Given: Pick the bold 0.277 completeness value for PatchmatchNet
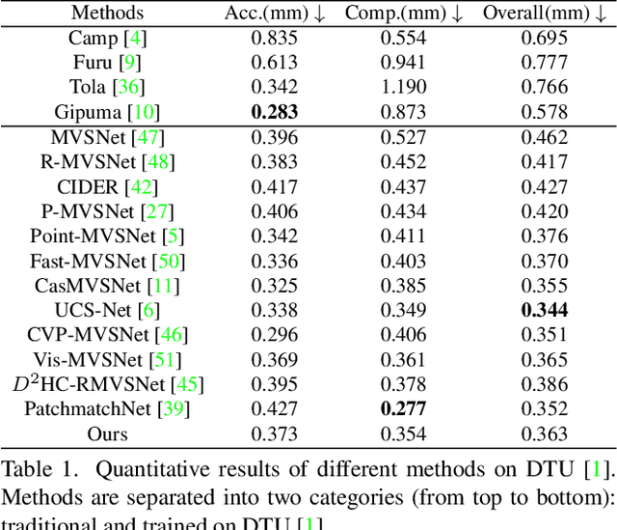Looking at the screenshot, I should [405, 409].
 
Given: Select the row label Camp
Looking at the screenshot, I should [93, 39].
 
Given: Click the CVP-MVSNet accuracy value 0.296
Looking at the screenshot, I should [274, 335].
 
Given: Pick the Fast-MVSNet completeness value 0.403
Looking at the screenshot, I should [405, 262].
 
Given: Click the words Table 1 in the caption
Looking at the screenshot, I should [36, 471].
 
